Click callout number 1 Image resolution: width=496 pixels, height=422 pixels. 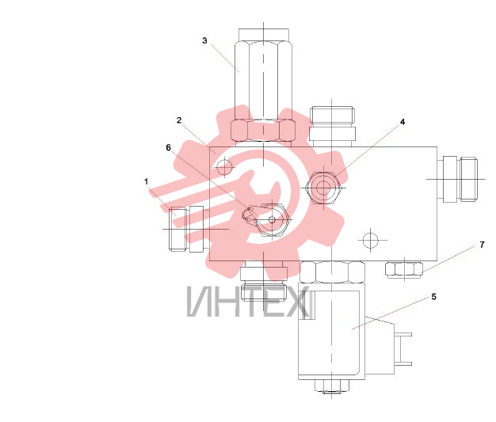tap(146, 182)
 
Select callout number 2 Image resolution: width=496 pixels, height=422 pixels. tap(179, 120)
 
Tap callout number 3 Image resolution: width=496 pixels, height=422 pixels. tap(204, 40)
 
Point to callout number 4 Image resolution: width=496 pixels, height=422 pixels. tap(403, 122)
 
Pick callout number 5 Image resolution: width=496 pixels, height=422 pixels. tap(433, 297)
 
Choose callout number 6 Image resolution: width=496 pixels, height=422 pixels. tap(168, 147)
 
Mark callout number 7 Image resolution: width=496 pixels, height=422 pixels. tap(482, 245)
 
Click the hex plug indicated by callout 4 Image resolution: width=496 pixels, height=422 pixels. tap(322, 188)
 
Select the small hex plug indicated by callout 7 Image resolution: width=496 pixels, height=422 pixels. tap(404, 270)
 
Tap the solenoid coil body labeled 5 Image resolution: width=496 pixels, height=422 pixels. tap(331, 331)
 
